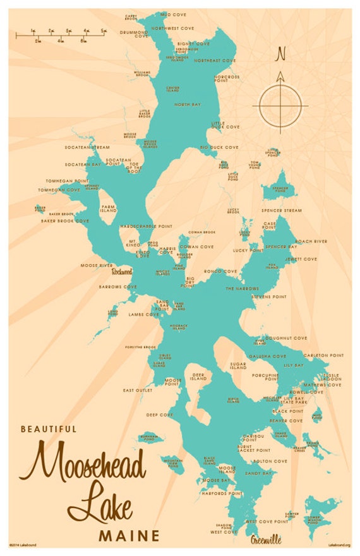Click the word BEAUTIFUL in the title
click(49, 428)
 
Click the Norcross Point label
click(227, 79)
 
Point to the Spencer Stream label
click(282, 209)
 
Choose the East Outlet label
click(138, 390)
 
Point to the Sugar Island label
click(238, 366)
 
